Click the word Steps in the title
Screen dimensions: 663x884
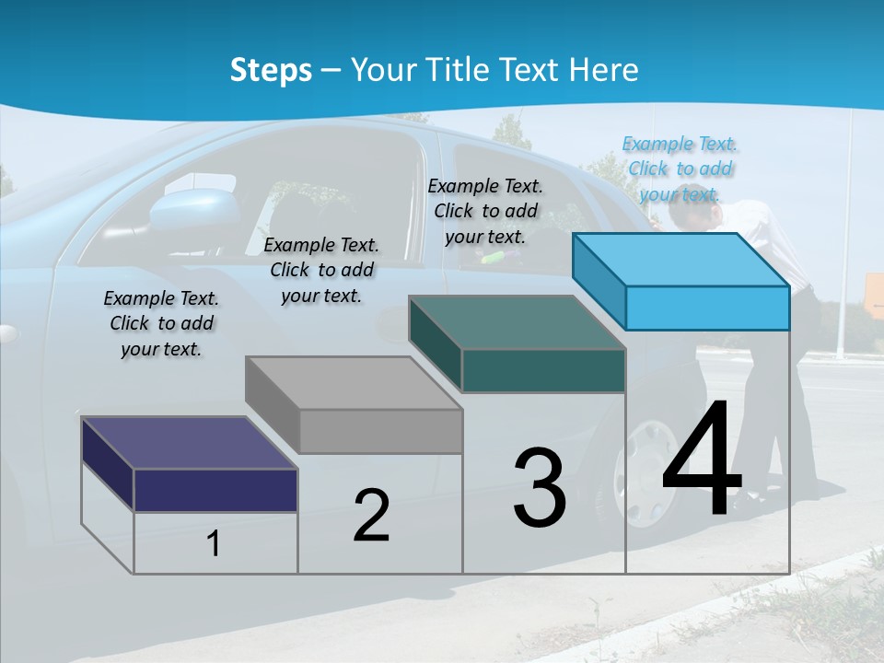(271, 70)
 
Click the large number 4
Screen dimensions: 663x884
(702, 460)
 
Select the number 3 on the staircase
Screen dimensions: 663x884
(540, 488)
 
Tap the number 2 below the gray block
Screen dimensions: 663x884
(371, 516)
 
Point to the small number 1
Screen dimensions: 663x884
(214, 544)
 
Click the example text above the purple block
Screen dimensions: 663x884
(161, 323)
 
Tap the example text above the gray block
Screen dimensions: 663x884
(321, 270)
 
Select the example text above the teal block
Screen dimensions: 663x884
(485, 211)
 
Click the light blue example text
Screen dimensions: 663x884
(680, 169)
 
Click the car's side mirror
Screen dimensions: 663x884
(195, 210)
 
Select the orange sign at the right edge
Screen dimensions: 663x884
(874, 296)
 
